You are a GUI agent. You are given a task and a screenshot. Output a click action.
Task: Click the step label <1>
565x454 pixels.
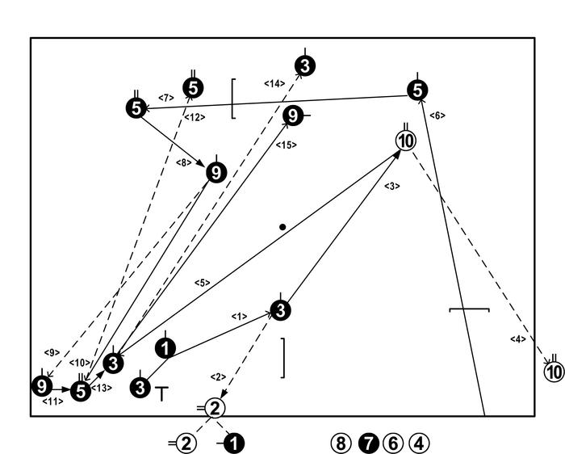point(238,317)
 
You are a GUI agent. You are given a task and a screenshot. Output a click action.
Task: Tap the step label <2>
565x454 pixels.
point(217,376)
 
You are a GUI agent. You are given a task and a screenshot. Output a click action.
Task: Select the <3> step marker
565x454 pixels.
point(391,186)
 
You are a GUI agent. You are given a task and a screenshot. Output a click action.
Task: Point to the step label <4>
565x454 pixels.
point(517,338)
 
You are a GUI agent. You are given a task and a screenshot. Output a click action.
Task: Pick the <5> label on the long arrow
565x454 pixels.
point(202,283)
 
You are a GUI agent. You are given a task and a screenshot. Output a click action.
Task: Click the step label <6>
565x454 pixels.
point(437,116)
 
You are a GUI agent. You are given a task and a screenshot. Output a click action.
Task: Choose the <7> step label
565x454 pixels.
point(166,98)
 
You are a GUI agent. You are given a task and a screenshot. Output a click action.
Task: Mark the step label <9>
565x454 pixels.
point(52,352)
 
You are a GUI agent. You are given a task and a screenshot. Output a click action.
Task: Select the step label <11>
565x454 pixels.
point(52,401)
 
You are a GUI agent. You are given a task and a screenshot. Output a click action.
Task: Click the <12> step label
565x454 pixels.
point(195,117)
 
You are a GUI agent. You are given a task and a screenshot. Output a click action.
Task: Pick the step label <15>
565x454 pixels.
point(287,145)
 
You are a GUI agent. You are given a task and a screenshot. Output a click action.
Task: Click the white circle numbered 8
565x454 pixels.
point(341,443)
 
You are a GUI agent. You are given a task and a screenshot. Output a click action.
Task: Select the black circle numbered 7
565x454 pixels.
point(368,443)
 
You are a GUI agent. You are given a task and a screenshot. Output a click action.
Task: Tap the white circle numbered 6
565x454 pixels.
point(393,443)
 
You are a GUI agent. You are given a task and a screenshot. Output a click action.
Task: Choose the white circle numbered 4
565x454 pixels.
point(419,443)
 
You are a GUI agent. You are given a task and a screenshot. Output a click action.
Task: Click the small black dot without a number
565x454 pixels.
point(282,227)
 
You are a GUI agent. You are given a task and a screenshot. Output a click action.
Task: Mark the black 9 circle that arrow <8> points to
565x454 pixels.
point(216,173)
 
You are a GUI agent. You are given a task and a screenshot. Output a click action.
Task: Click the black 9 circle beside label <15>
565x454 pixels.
point(292,116)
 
